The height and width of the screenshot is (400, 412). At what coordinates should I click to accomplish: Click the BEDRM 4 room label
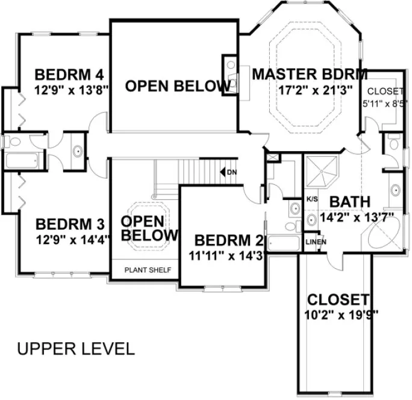70,75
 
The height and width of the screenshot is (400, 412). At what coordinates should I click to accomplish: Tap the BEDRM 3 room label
70,225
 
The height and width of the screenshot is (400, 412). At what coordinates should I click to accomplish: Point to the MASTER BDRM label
310,75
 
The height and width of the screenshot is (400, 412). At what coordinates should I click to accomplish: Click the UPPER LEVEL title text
76,349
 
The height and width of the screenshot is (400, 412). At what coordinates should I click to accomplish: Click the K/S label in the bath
312,198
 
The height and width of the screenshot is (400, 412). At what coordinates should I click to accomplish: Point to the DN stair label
232,173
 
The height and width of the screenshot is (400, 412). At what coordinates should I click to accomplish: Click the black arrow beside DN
223,173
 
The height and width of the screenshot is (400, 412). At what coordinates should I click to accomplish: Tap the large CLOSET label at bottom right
337,299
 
